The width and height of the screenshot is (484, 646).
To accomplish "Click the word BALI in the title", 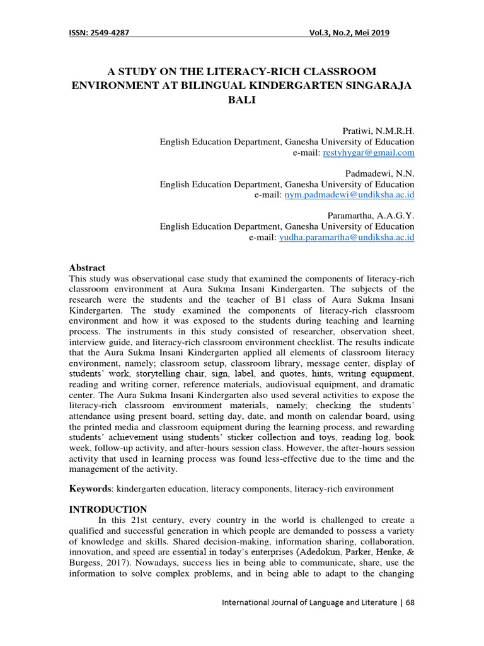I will pos(242,100).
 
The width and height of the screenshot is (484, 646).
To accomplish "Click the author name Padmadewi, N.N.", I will pos(380,173).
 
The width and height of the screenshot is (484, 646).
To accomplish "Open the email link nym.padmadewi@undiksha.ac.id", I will pos(350,195).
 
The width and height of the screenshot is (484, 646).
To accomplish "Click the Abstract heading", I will pos(87,268).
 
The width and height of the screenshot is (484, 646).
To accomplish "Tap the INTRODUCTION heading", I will pos(107,509).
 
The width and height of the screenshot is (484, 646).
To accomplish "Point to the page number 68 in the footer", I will pos(410,602).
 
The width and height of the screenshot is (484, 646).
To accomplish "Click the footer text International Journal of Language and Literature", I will pos(309,602).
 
